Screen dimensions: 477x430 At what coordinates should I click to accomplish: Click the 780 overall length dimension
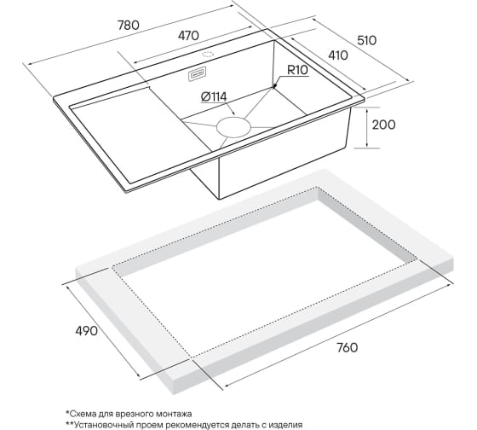(129, 26)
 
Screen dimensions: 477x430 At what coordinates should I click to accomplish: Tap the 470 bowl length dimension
(188, 36)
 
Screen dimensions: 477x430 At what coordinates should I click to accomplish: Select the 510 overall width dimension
(366, 40)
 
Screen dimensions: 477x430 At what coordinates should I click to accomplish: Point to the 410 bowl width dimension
(338, 55)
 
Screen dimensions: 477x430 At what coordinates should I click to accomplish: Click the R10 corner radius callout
(297, 71)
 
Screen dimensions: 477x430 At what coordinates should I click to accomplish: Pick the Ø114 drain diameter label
(214, 97)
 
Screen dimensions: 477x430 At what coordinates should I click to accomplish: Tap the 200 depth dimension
(384, 125)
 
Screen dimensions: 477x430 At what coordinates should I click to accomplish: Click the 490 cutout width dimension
(87, 331)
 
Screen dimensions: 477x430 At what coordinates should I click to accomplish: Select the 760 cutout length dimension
(348, 347)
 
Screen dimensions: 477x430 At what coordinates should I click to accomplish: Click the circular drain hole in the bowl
(233, 127)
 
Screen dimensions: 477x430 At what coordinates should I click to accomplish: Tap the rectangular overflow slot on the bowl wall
(197, 74)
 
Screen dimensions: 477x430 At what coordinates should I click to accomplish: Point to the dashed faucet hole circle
(208, 55)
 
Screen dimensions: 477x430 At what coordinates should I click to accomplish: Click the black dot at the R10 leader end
(274, 86)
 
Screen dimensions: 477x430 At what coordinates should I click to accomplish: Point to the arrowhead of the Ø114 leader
(233, 113)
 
